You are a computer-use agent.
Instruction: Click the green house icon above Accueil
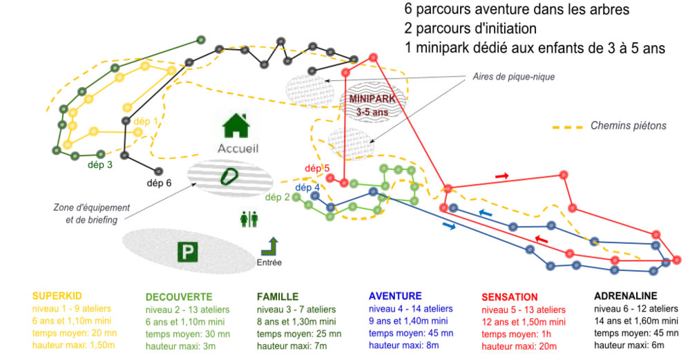237,126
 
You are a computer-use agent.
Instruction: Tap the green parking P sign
187,252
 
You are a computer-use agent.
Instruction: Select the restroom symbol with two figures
249,219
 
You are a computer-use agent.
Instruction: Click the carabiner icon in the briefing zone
229,177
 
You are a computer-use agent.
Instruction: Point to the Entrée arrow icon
270,247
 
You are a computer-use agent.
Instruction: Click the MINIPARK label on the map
372,99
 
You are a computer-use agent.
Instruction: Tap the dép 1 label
146,121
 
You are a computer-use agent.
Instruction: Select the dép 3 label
100,164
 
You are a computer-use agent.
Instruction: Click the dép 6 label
159,183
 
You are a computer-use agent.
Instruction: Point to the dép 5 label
317,168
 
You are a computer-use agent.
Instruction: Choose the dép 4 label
307,187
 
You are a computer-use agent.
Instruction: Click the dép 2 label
277,197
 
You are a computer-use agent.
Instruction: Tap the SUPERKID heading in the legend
57,296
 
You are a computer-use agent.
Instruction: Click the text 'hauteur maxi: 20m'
519,346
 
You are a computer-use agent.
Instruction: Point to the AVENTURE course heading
395,296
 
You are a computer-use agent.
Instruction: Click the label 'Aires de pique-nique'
514,77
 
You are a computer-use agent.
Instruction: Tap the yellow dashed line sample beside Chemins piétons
568,127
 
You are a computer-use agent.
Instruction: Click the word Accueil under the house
238,149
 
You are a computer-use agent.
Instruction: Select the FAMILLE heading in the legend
278,297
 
